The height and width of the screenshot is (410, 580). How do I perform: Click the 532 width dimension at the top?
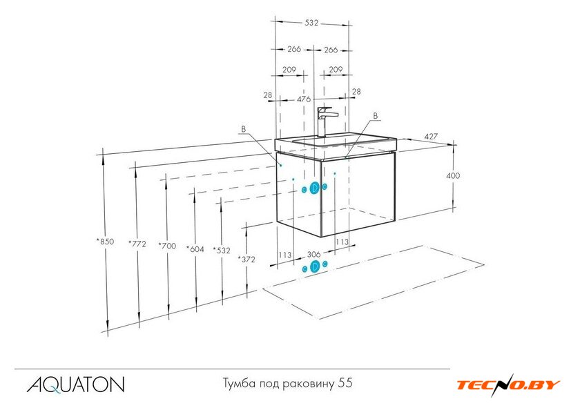tap(311, 23)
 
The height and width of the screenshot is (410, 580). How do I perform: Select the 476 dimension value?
tap(304, 99)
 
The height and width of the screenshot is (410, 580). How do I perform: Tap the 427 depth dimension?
tap(431, 137)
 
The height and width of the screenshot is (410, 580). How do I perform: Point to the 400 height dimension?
tap(453, 175)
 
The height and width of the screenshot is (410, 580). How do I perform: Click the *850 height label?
tap(106, 242)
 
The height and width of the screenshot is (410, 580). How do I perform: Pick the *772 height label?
tap(137, 244)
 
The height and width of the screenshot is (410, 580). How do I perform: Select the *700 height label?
tap(167, 246)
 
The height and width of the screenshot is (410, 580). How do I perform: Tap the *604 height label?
tap(195, 249)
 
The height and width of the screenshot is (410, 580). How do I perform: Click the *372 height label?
tap(246, 260)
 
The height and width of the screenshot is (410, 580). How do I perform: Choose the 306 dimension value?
tap(313, 255)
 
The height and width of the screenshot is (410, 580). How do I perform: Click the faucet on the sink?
tap(326, 122)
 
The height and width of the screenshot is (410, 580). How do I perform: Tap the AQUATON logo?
tap(75, 384)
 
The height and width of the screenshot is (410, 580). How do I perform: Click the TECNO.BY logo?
tap(508, 385)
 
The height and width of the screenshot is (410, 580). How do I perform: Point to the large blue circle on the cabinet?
tap(314, 188)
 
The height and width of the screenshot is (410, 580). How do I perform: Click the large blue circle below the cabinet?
tap(315, 266)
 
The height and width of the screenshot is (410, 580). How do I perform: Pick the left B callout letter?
tap(243, 129)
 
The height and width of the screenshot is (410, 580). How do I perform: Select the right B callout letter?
tap(376, 116)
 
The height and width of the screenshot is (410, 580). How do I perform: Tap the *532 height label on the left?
tap(222, 251)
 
